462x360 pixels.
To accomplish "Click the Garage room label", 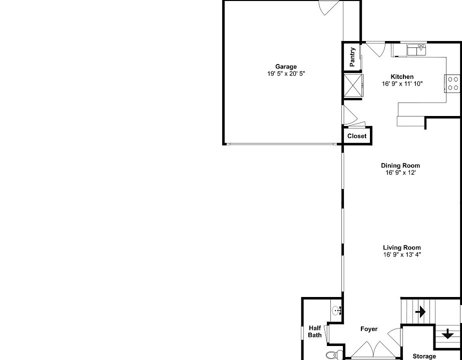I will [286, 66].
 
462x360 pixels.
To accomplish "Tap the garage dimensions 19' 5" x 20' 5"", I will [286, 73].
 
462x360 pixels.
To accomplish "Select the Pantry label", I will [352, 56].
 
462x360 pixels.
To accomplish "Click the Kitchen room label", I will [402, 76].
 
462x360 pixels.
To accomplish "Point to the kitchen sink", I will [416, 49].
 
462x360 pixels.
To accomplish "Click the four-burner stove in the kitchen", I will [452, 83].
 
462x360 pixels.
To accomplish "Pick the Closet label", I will [357, 136].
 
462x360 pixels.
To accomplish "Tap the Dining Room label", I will [400, 165].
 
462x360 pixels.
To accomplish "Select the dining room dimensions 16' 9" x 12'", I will [400, 173].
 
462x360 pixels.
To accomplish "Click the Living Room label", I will [402, 247].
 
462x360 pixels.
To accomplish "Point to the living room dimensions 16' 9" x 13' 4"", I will [402, 254].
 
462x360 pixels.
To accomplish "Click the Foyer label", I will [369, 329].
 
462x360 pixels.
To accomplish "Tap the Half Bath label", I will [315, 331].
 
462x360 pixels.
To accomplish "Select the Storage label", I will [424, 356].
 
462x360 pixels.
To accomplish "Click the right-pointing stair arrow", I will [420, 312].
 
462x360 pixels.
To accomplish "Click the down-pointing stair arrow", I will [447, 333].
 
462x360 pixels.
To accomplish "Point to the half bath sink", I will [337, 310].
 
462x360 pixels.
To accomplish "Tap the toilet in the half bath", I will [332, 355].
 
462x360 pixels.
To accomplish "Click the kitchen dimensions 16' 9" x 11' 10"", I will [402, 83].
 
